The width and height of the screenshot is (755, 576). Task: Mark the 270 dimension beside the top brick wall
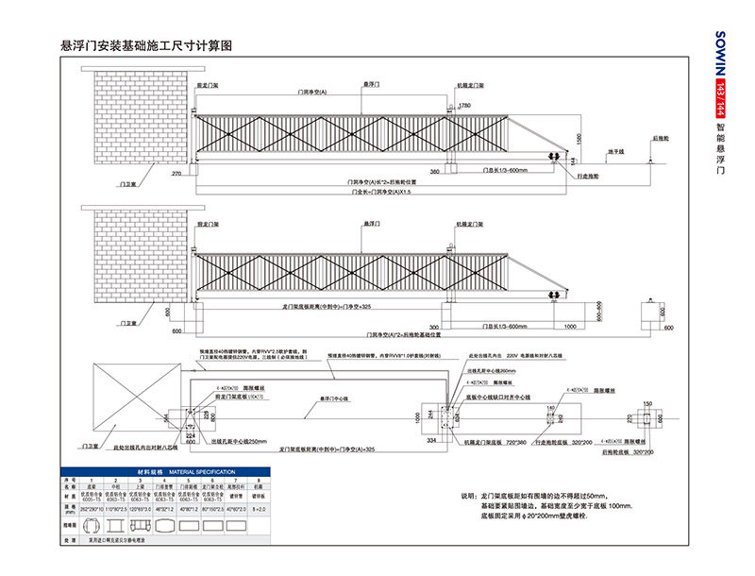pos(176,175)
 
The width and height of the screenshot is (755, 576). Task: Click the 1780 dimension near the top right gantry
pos(463,106)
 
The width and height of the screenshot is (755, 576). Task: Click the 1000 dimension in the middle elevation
pos(570,326)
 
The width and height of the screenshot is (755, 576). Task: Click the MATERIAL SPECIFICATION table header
pos(152,470)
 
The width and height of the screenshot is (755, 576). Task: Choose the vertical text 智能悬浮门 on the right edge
pos(720,151)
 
